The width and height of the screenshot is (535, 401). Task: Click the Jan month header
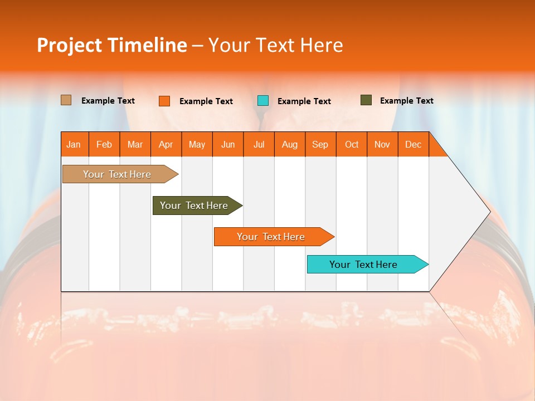click(x=74, y=144)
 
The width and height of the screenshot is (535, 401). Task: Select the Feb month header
click(x=104, y=144)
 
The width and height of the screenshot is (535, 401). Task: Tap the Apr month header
click(x=166, y=144)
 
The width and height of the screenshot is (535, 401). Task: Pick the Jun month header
click(x=227, y=144)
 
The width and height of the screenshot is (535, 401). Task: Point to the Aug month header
click(x=289, y=144)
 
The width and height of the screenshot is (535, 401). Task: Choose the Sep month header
click(x=320, y=144)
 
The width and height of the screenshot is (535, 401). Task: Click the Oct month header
click(x=351, y=144)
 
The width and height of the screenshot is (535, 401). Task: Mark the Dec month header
click(x=413, y=144)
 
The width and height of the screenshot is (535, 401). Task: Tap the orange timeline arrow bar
click(x=271, y=237)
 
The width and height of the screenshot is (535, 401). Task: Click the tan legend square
click(x=66, y=100)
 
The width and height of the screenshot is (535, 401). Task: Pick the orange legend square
click(x=164, y=101)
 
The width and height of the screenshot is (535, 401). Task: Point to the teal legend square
click(x=263, y=101)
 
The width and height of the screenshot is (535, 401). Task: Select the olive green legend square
click(x=366, y=100)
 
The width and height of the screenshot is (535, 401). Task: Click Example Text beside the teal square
click(x=304, y=101)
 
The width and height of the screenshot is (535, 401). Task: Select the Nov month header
click(x=382, y=144)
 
